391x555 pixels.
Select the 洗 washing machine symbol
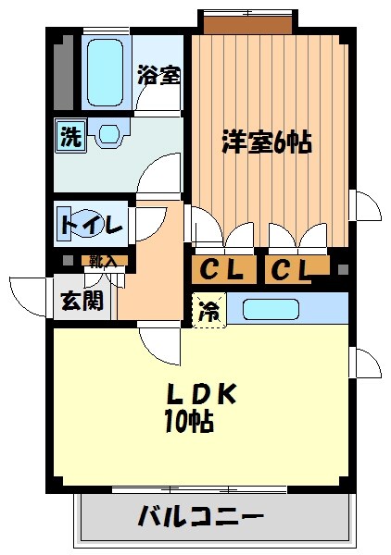coord(70,135)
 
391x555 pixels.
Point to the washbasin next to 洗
coord(107,136)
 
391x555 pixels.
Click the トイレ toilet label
coord(91,225)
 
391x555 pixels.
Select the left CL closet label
coord(223,271)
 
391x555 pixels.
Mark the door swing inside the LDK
coord(159,347)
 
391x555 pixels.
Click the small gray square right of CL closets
coord(343,269)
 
